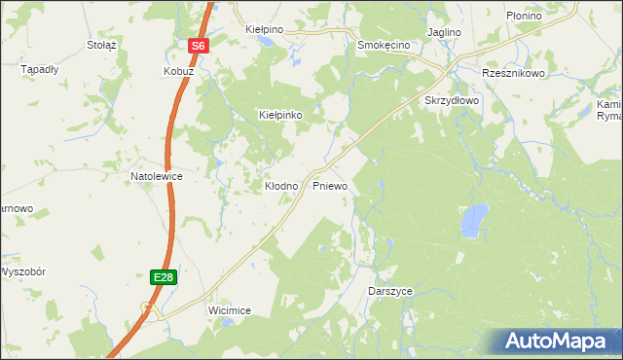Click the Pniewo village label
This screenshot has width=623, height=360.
[330, 185]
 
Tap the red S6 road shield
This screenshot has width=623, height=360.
[199, 46]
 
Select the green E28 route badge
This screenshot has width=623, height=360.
[164, 277]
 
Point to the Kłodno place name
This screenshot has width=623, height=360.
[281, 185]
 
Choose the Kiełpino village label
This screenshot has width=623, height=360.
[264, 30]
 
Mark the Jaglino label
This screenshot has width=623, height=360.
[443, 32]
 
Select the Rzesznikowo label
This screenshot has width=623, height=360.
[513, 73]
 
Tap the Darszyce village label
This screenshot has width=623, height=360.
[392, 292]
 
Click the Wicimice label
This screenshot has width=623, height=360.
[230, 310]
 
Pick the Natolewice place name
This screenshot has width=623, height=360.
[158, 176]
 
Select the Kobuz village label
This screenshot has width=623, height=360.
[179, 72]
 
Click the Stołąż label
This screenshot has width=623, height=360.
[101, 45]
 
